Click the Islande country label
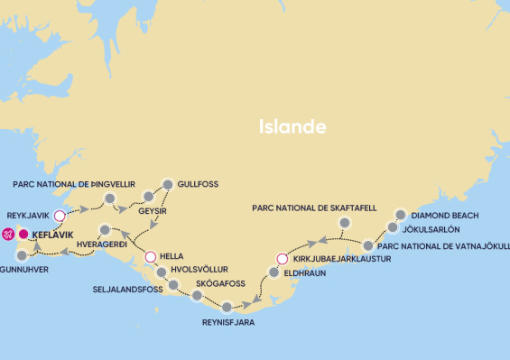292,126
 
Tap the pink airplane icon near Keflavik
8,235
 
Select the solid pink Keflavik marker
23,235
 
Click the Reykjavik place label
29,217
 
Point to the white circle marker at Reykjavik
60,216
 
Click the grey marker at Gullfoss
166,183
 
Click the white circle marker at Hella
151,256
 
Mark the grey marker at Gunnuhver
22,255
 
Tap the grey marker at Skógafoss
197,296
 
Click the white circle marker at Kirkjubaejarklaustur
281,259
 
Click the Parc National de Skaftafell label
314,208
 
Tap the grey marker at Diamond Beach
401,215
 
